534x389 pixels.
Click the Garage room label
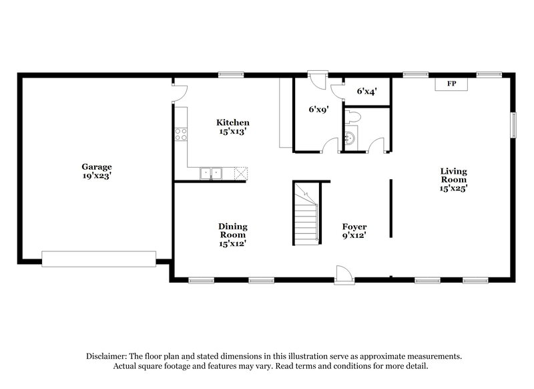(96, 166)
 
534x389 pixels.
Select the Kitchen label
(232, 122)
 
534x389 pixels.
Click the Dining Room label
(232, 231)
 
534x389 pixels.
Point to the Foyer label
(354, 227)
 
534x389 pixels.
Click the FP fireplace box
(451, 84)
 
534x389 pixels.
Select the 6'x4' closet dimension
(366, 91)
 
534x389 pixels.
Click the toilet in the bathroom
(354, 119)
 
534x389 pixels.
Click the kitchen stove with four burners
(180, 133)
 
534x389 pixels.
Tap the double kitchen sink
(212, 173)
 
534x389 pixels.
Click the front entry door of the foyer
(342, 274)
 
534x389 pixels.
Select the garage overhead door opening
(98, 257)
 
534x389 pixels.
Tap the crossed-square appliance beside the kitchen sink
(240, 173)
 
